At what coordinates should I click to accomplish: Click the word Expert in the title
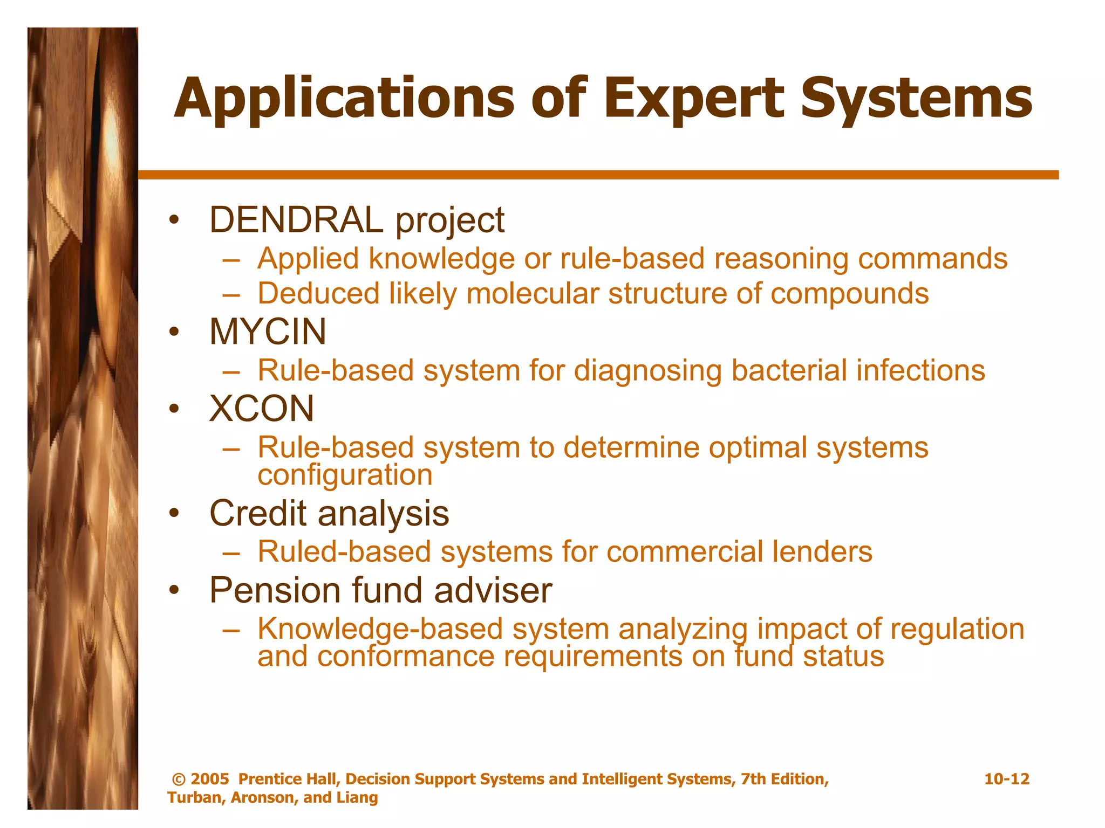pyautogui.click(x=693, y=99)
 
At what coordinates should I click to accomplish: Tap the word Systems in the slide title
pyautogui.click(x=916, y=99)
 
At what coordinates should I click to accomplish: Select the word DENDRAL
pyautogui.click(x=296, y=220)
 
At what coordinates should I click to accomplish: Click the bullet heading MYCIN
pyautogui.click(x=268, y=332)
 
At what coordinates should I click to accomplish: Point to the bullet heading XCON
pyautogui.click(x=262, y=409)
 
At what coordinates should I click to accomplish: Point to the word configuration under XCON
pyautogui.click(x=345, y=475)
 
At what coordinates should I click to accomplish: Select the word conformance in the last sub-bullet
pyautogui.click(x=405, y=657)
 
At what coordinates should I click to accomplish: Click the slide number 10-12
pyautogui.click(x=1006, y=779)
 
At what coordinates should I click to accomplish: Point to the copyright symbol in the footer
pyautogui.click(x=179, y=779)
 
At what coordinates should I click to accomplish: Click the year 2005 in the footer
pyautogui.click(x=210, y=779)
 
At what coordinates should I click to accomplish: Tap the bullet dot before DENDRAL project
pyautogui.click(x=173, y=220)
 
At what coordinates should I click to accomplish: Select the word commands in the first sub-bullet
pyautogui.click(x=932, y=259)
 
